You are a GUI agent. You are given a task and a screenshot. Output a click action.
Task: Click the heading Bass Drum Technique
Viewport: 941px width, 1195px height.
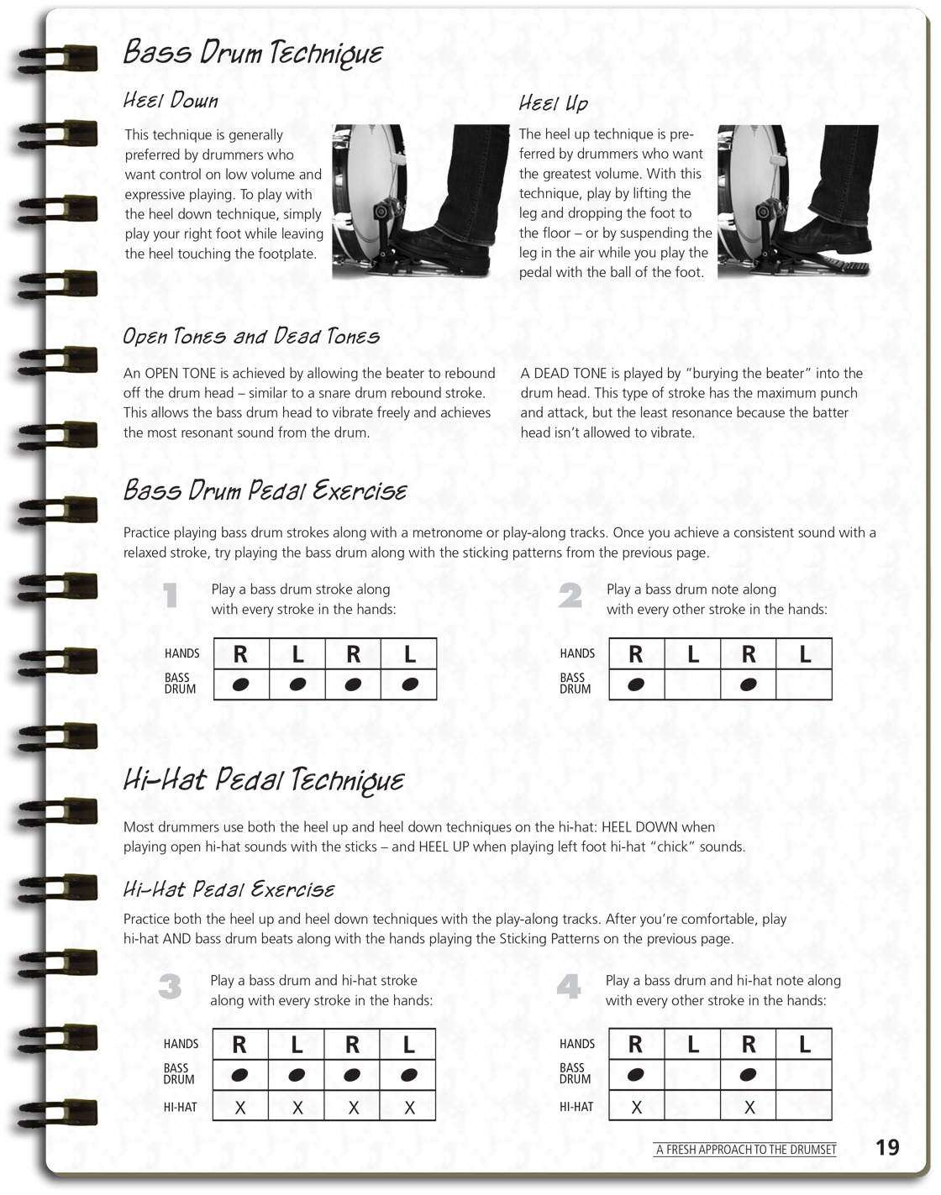coord(252,53)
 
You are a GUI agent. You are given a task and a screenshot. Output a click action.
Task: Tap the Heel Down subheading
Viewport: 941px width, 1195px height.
coord(171,101)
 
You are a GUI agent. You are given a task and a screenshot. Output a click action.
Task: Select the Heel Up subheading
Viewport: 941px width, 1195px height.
coord(553,103)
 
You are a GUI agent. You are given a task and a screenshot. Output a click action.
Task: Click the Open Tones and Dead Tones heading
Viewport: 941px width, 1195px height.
coord(251,337)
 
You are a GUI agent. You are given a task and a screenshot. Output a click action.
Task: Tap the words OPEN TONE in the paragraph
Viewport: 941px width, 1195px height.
coord(178,374)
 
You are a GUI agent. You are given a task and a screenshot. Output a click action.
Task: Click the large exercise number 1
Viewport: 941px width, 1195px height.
coord(171,596)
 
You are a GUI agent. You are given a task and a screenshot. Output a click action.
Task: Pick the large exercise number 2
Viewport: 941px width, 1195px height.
coord(570,596)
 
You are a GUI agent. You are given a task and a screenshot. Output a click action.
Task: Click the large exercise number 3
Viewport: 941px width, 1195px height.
coord(170,988)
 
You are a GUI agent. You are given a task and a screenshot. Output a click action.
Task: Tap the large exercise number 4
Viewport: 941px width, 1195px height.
coord(569,988)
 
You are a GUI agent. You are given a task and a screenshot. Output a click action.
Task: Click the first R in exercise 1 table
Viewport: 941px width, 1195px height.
coord(240,654)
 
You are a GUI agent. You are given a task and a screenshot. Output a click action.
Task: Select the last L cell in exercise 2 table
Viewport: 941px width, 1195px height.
coord(804,654)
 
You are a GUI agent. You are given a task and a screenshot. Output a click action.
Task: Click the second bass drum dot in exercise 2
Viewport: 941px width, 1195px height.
coord(748,685)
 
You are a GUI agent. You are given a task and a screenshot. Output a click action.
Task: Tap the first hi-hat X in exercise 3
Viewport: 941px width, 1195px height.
coord(240,1108)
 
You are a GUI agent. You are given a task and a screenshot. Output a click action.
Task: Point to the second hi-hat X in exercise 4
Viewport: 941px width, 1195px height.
coord(749,1108)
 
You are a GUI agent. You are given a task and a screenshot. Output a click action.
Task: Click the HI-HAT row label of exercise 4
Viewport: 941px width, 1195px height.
coord(576,1107)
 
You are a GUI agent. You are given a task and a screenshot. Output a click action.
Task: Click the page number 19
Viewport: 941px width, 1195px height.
coord(887,1147)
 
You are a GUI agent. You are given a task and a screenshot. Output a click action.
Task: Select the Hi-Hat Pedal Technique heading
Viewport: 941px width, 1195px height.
coord(263,780)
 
